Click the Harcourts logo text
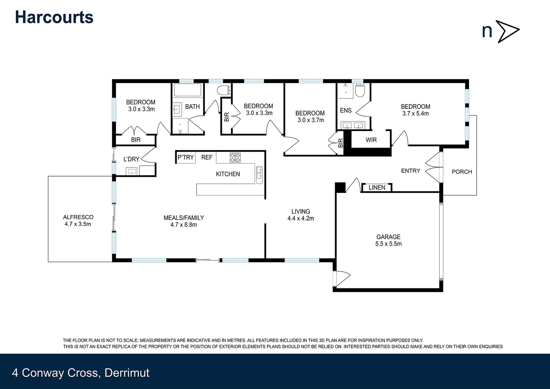54,17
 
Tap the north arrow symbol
508,31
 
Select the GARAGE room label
388,237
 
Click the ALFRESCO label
78,217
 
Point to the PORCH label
461,172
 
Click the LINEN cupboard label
377,187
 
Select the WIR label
371,140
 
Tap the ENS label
346,110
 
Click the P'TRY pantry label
185,157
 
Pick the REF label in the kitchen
207,157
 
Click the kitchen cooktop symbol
235,157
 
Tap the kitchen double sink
259,175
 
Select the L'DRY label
131,159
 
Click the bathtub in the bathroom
188,90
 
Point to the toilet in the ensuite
360,90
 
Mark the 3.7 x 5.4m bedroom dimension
415,113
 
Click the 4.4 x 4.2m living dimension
301,218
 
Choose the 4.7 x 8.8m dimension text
184,225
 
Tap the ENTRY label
410,171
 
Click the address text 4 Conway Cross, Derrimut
81,373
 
